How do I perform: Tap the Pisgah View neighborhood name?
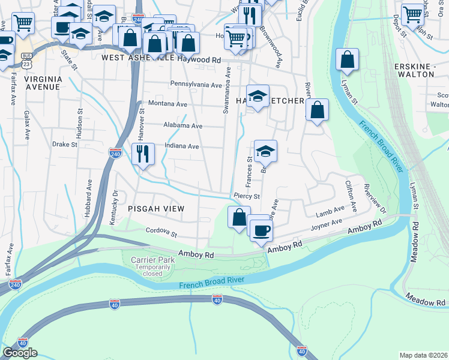click(x=155, y=208)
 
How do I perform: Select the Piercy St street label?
click(x=247, y=196)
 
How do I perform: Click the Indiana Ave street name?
click(x=182, y=146)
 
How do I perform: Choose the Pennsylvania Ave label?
click(x=196, y=85)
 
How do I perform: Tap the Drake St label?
click(x=65, y=145)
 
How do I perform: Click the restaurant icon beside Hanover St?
click(x=143, y=154)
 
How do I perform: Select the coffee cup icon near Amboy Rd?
click(x=261, y=230)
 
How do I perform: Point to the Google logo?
click(x=20, y=353)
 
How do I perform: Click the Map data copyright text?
click(x=424, y=355)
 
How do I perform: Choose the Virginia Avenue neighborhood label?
click(x=43, y=83)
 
